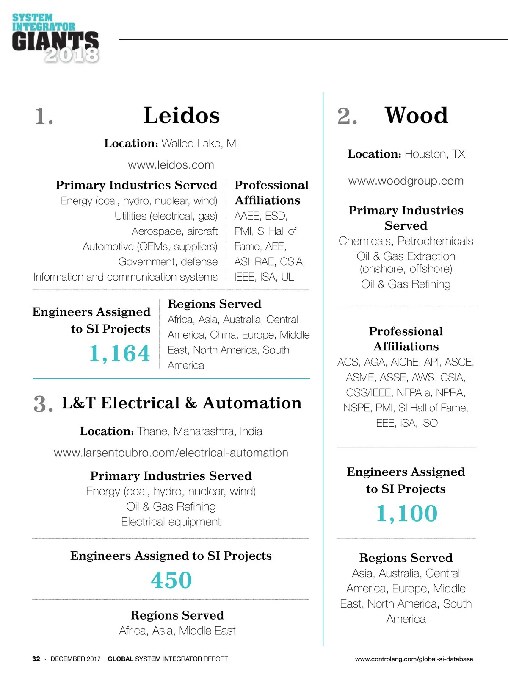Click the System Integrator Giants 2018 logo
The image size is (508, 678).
pyautogui.click(x=55, y=39)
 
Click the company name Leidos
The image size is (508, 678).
pyautogui.click(x=182, y=115)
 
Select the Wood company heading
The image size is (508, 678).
pyautogui.click(x=416, y=115)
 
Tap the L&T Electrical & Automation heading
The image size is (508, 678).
pyautogui.click(x=182, y=403)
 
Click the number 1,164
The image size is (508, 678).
pyautogui.click(x=119, y=353)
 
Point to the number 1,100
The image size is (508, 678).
pyautogui.click(x=406, y=514)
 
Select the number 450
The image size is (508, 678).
pyautogui.click(x=171, y=580)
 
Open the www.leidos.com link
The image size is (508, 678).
pyautogui.click(x=171, y=165)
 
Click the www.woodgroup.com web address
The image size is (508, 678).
pyautogui.click(x=406, y=181)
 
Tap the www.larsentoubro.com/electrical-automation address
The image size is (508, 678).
pyautogui.click(x=171, y=453)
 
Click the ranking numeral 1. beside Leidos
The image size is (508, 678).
pyautogui.click(x=44, y=117)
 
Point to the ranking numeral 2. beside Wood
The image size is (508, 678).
pyautogui.click(x=347, y=117)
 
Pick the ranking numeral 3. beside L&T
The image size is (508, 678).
pyautogui.click(x=43, y=404)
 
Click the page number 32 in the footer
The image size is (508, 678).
pyautogui.click(x=36, y=659)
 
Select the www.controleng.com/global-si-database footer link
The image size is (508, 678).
pyautogui.click(x=414, y=659)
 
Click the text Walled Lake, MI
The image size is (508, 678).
pyautogui.click(x=199, y=144)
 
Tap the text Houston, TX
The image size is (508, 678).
pyautogui.click(x=434, y=154)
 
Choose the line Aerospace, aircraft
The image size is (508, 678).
pyautogui.click(x=174, y=231)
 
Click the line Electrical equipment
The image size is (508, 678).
pyautogui.click(x=171, y=522)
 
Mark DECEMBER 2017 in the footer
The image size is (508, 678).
pyautogui.click(x=75, y=659)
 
